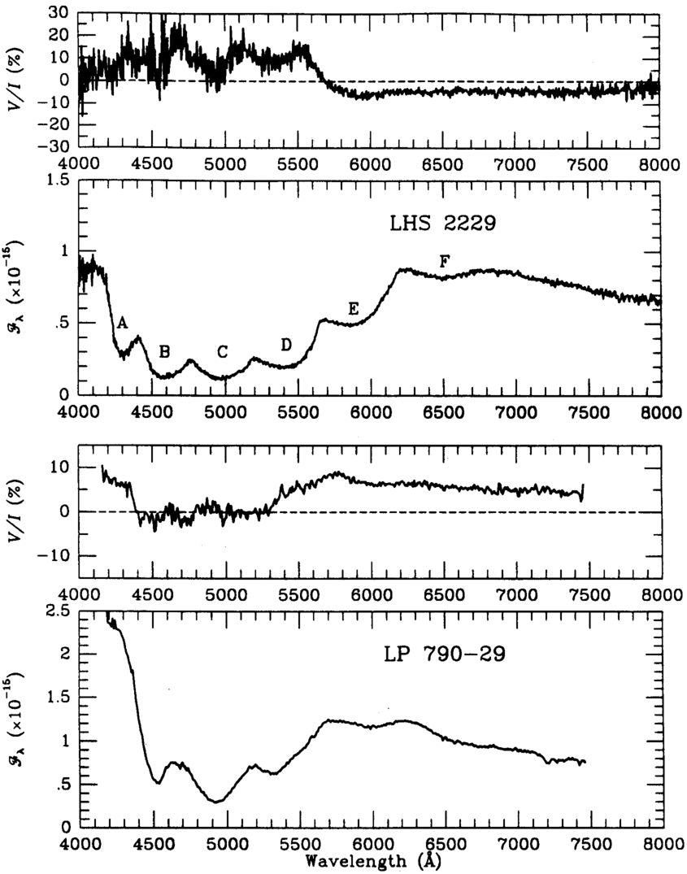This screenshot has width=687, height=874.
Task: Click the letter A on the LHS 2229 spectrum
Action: click(x=123, y=323)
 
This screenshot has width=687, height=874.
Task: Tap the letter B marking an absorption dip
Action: click(x=165, y=351)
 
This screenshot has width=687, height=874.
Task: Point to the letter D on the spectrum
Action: click(x=286, y=344)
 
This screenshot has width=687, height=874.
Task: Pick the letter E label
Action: click(x=353, y=308)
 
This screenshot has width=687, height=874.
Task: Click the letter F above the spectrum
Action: click(x=444, y=261)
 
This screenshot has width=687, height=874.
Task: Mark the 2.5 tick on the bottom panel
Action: click(x=59, y=611)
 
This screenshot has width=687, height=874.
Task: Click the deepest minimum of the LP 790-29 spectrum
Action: click(x=215, y=802)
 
